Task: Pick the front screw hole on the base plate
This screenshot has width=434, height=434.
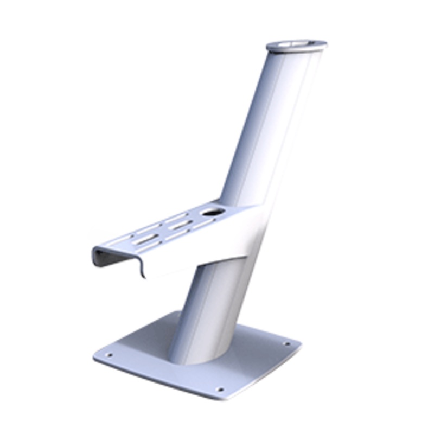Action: pyautogui.click(x=219, y=388)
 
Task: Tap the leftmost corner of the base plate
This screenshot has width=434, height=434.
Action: pyautogui.click(x=94, y=356)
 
